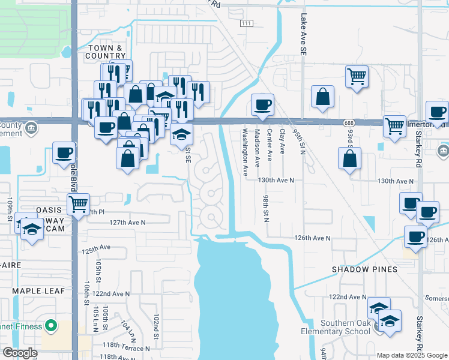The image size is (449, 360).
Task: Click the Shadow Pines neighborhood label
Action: [x=365, y=269]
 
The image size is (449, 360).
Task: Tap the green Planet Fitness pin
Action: [x=51, y=327]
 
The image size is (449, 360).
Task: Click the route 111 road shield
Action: [x=246, y=23]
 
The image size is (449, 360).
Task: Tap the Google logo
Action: [x=20, y=353]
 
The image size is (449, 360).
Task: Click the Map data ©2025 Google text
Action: [x=412, y=355]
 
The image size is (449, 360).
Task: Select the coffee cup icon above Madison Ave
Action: [x=262, y=106]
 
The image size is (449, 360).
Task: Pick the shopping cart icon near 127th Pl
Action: [x=78, y=205]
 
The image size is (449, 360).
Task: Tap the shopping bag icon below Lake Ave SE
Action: [x=323, y=97]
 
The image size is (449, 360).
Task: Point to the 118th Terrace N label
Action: [x=127, y=348]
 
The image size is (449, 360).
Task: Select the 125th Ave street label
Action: [x=97, y=247]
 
